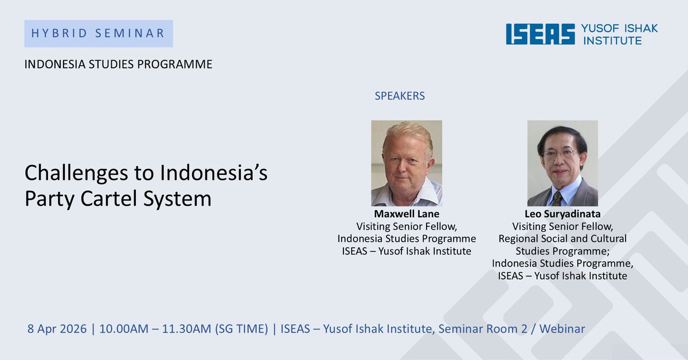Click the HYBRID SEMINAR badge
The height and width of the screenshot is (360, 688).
pyautogui.click(x=98, y=33)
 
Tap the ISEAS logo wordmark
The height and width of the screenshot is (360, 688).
pyautogui.click(x=540, y=34)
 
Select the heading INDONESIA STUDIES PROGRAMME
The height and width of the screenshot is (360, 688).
pyautogui.click(x=118, y=64)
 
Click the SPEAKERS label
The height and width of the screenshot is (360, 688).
pyautogui.click(x=400, y=96)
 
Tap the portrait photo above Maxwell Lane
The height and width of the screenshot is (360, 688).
pyautogui.click(x=406, y=163)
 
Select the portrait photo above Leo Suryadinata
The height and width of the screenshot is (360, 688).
pyautogui.click(x=562, y=163)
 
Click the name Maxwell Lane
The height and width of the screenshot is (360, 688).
pyautogui.click(x=406, y=214)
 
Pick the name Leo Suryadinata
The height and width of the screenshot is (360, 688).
pyautogui.click(x=562, y=214)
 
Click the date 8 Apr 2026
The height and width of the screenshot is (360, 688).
pyautogui.click(x=57, y=329)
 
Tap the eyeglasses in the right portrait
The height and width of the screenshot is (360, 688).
pyautogui.click(x=560, y=153)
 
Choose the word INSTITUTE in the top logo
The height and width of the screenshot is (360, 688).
pyautogui.click(x=611, y=40)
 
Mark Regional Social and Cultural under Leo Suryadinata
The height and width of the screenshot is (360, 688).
pyautogui.click(x=562, y=238)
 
